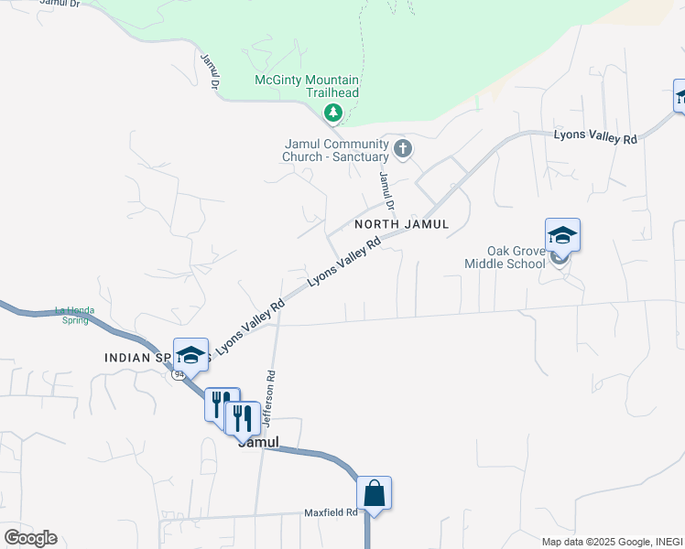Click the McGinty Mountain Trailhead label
click(306, 86)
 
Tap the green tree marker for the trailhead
click(333, 113)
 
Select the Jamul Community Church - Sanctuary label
click(337, 150)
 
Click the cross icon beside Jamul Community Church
click(401, 148)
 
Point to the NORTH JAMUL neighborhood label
click(402, 224)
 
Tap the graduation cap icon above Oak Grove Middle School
click(562, 234)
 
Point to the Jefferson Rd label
click(270, 399)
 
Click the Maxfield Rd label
click(331, 513)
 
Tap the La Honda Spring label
click(72, 314)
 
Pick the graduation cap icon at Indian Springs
click(190, 355)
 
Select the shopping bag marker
click(374, 493)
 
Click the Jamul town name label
click(257, 441)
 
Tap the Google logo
click(30, 538)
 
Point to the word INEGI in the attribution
click(668, 542)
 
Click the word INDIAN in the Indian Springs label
click(126, 358)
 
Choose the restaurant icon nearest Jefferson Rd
click(241, 418)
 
